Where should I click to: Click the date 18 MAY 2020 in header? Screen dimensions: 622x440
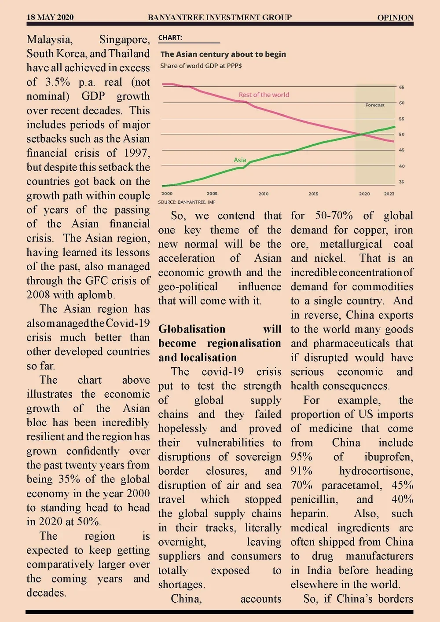(50, 18)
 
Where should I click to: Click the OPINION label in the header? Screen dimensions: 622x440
(395, 18)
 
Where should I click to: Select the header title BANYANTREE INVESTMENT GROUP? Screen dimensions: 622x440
(220, 18)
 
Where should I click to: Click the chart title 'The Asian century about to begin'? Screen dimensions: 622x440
(223, 54)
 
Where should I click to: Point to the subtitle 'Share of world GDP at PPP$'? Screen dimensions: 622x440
(201, 66)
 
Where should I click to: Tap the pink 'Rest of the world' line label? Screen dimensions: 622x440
(264, 95)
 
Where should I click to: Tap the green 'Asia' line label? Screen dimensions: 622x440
(240, 160)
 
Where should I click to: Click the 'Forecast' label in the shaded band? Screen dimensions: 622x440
(375, 105)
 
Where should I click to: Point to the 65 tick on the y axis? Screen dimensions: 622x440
(402, 87)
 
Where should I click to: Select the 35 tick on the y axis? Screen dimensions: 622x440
(402, 182)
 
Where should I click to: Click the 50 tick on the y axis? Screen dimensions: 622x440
(402, 134)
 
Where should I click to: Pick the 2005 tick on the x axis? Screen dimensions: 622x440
(212, 194)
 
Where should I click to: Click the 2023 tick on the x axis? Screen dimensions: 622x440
(389, 194)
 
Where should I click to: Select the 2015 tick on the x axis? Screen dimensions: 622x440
(313, 194)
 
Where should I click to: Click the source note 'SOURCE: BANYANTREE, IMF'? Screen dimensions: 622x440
(187, 202)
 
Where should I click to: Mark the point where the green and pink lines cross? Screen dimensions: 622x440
(361, 134)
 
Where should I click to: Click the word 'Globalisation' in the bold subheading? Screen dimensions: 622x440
(192, 329)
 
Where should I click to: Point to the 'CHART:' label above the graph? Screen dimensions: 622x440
(170, 38)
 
